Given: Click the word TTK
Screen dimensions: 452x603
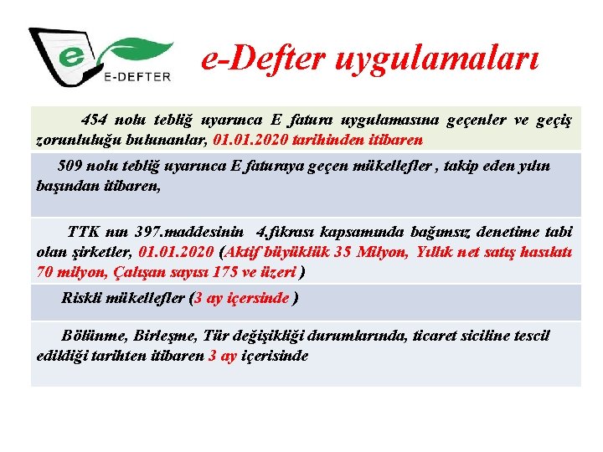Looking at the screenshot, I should (x=83, y=231).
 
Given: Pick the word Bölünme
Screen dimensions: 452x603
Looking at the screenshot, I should (x=95, y=336).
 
